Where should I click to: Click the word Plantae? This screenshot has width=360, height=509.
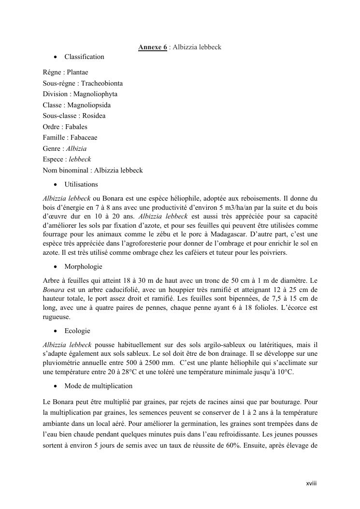(77, 73)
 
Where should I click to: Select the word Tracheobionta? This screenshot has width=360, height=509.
(101, 83)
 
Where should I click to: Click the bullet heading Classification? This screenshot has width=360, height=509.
(84, 57)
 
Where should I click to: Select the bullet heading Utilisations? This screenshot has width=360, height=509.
(81, 185)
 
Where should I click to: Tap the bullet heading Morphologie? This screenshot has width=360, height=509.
(83, 267)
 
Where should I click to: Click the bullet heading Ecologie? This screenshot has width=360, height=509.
(77, 331)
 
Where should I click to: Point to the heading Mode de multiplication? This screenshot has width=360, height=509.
(98, 386)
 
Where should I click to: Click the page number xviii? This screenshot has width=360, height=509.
(311, 483)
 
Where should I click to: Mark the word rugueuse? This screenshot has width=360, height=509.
(57, 317)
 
